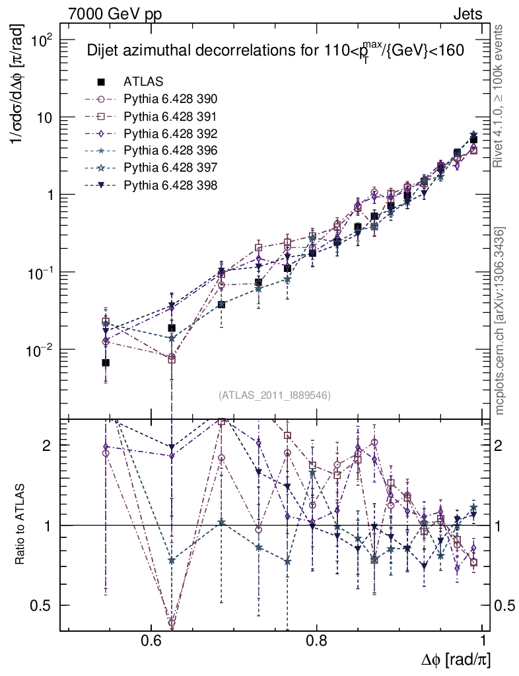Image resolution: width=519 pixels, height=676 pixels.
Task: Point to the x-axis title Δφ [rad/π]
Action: [456, 660]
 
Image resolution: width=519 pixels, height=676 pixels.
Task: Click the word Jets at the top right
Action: [467, 14]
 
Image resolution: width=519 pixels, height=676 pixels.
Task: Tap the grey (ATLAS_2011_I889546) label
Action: [274, 395]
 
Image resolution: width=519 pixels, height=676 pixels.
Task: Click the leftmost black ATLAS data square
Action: [106, 362]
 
